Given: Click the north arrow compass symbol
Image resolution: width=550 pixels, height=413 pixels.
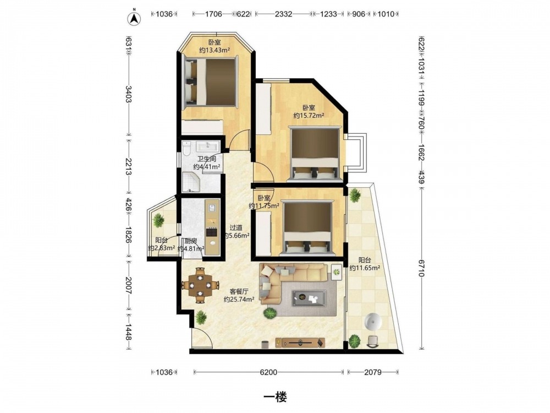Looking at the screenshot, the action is tap(134, 18).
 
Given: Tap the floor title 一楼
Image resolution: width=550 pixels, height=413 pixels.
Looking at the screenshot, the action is tap(276, 397).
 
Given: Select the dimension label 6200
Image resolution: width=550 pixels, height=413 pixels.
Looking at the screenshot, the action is tap(268, 372).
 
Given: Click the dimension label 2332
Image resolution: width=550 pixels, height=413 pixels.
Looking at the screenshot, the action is tap(283, 14).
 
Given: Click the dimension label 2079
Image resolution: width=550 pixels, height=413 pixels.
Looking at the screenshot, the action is tap(372, 372).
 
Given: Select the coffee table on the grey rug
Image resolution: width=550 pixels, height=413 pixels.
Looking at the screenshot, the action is tap(310, 298).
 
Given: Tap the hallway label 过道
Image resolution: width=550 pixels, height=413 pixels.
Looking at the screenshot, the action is tap(236, 229).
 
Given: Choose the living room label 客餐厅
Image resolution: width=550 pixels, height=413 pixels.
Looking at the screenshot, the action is tap(239, 292).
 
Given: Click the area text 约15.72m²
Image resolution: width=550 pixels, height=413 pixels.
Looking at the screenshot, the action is tap(309, 116).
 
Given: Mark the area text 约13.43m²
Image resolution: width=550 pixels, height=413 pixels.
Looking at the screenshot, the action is tap(215, 50).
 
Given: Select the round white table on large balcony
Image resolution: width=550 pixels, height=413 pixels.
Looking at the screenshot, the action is tap(373, 322).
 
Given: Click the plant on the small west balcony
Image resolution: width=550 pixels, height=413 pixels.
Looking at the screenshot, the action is tap(158, 220).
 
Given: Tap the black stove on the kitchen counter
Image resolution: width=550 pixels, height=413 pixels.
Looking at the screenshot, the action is tap(212, 232).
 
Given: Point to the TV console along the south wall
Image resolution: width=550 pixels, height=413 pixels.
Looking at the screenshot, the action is tap(300, 342).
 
